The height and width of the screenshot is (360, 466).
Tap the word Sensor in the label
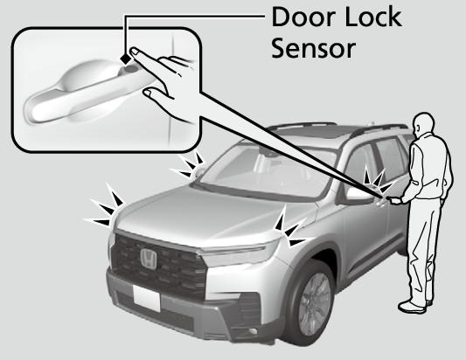pyautogui.click(x=313, y=48)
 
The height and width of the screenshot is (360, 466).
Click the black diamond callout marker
pyautogui.click(x=126, y=59)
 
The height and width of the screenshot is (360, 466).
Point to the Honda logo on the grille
pyautogui.click(x=149, y=259)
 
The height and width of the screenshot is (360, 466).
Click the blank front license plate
pyautogui.click(x=147, y=298)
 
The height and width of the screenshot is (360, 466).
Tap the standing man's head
pyautogui.click(x=423, y=123)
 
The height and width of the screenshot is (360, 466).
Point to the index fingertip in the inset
pyautogui.click(x=134, y=50)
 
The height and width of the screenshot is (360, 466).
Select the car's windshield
pyautogui.click(x=265, y=172)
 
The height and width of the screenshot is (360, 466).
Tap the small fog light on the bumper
pyautogui.click(x=253, y=331)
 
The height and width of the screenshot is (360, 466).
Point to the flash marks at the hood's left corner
pyautogui.click(x=105, y=206)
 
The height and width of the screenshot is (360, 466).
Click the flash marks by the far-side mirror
pyautogui.click(x=186, y=165)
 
